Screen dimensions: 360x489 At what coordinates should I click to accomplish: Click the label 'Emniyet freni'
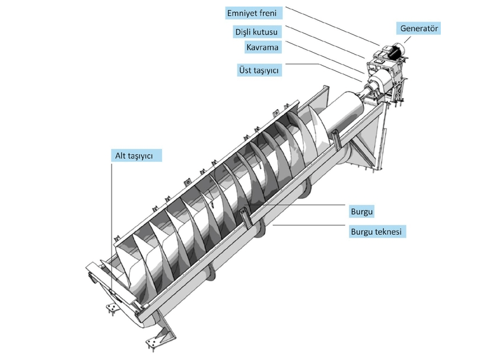(252, 12)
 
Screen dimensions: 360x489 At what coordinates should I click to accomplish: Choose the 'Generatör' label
(419, 28)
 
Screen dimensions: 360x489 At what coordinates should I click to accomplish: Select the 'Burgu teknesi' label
(378, 232)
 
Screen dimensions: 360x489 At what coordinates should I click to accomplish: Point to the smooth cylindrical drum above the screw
(350, 113)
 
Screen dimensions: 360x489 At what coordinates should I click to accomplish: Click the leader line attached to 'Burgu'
(297, 205)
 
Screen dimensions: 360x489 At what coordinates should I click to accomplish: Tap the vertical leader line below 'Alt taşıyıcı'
(111, 225)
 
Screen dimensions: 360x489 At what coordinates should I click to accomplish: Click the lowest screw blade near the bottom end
(128, 267)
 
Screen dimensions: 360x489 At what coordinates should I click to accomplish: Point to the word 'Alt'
(121, 155)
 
